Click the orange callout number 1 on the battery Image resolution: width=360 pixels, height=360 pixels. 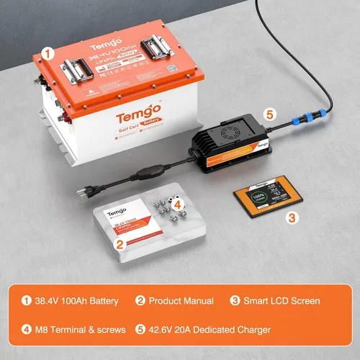(x=48, y=53)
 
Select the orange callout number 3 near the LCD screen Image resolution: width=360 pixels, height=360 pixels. (x=292, y=216)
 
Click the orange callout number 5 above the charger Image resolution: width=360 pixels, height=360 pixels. (x=270, y=114)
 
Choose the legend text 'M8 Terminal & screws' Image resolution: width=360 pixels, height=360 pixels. (x=76, y=329)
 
